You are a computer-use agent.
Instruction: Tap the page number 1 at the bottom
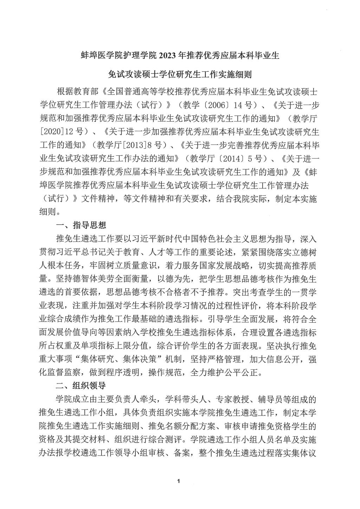[179, 481]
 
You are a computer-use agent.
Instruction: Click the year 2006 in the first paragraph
[201, 105]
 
